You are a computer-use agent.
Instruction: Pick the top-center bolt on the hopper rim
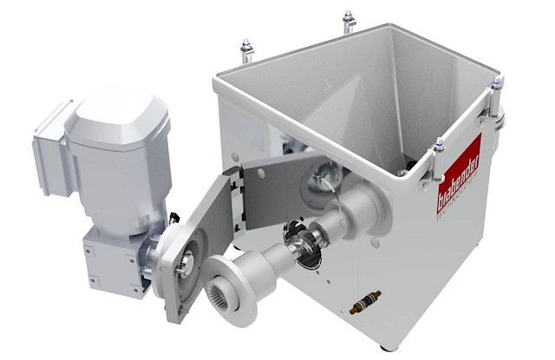pyautogui.click(x=349, y=18)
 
